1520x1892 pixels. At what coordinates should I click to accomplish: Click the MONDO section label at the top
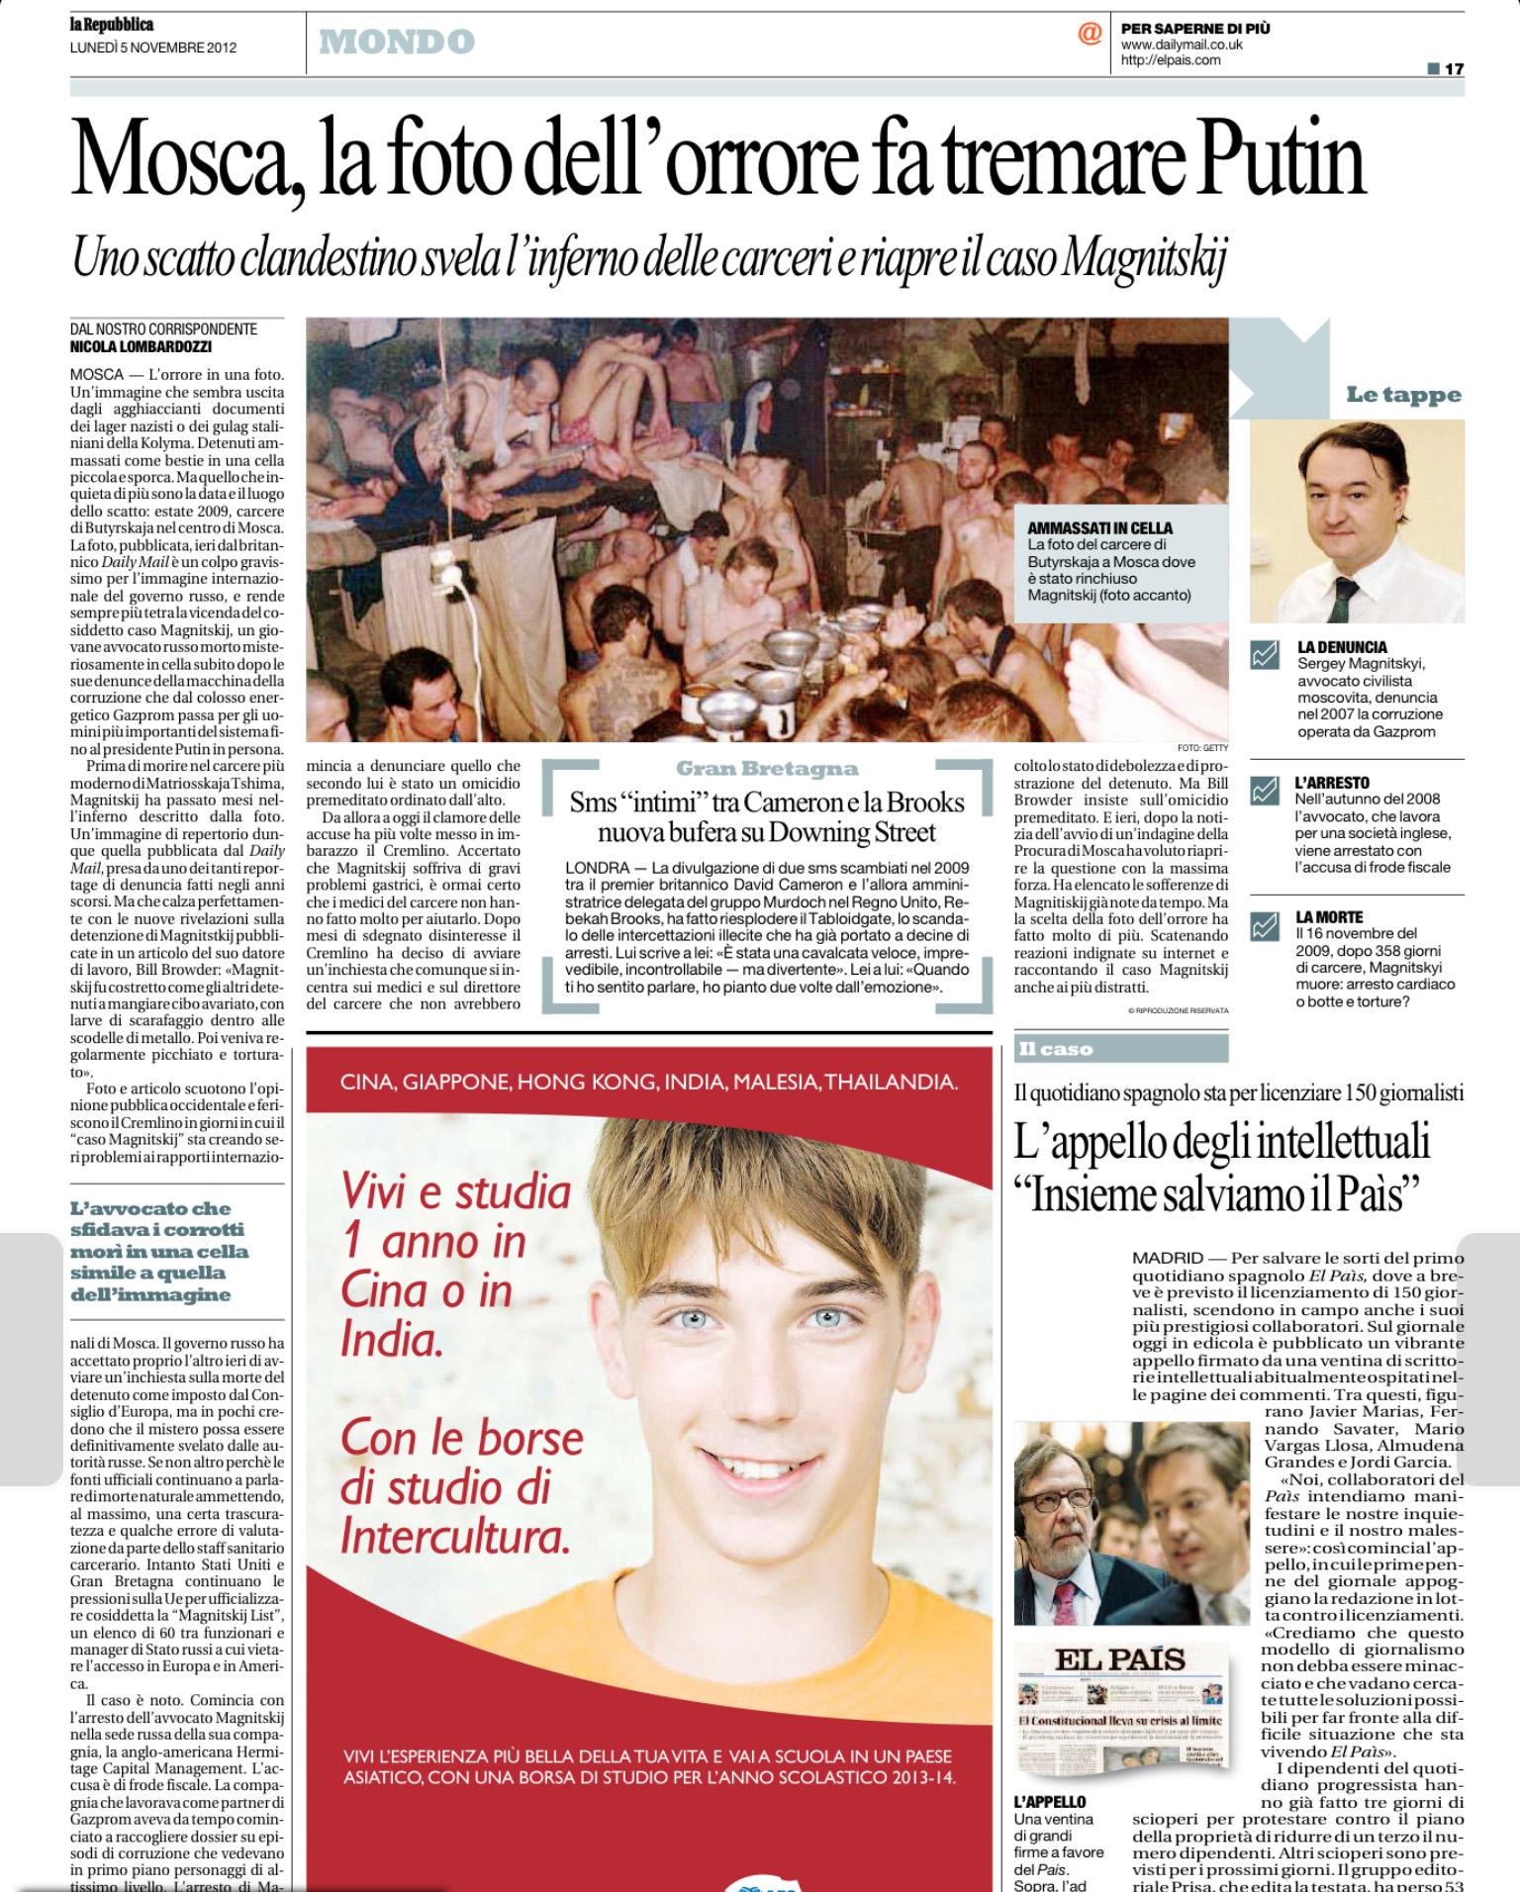tap(397, 42)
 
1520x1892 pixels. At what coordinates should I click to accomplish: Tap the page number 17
tap(1453, 68)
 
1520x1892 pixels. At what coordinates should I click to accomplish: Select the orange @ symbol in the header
tap(1090, 34)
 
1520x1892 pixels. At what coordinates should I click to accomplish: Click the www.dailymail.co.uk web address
tap(1182, 45)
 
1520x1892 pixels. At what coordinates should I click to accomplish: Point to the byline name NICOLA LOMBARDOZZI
tap(141, 347)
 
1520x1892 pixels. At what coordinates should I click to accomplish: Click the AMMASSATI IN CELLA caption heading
tap(1099, 528)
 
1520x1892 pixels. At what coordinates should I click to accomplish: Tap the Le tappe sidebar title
tap(1403, 395)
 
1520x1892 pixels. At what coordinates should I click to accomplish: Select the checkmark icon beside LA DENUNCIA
tap(1265, 655)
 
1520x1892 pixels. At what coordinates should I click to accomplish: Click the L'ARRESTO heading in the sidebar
tap(1332, 783)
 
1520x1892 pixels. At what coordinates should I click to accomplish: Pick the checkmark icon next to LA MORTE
tap(1265, 926)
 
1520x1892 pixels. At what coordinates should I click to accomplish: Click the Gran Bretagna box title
tap(767, 769)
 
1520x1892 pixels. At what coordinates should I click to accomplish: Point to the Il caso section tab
tap(1056, 1049)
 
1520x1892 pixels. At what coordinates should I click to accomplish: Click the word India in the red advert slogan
tap(392, 1341)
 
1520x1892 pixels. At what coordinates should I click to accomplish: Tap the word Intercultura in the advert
tap(455, 1537)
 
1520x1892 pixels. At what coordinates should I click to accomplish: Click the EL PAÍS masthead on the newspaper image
tap(1119, 1659)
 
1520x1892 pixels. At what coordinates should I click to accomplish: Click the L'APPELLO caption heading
tap(1049, 1802)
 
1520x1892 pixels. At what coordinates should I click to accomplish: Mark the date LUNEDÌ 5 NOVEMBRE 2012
tap(153, 47)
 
